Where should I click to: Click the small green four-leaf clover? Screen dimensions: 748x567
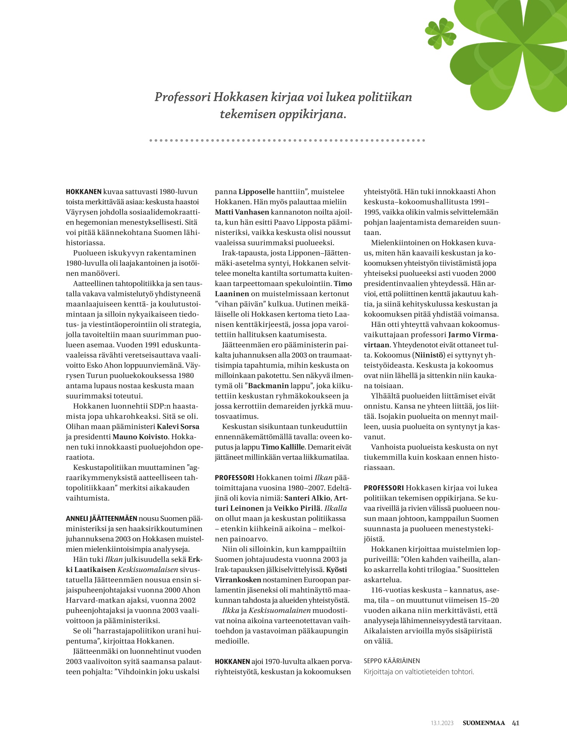(x=441, y=33)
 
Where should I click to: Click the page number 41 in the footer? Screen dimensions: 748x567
(x=515, y=723)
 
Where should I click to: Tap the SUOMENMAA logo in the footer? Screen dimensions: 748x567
(x=483, y=723)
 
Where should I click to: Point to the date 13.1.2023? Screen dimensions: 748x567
(x=442, y=723)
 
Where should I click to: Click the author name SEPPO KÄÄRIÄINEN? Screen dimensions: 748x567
(x=392, y=661)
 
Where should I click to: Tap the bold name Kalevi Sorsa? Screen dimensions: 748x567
(x=178, y=426)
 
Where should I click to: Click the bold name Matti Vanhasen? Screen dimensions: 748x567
(x=242, y=212)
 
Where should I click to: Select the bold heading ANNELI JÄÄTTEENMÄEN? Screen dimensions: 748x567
(x=102, y=518)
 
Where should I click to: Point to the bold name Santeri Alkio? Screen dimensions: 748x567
(x=307, y=498)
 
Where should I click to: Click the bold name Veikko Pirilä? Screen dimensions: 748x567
(x=297, y=509)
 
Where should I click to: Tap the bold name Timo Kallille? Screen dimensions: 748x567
(x=283, y=447)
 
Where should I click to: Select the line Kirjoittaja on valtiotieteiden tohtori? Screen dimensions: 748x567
(x=419, y=671)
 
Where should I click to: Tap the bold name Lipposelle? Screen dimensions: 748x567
(x=257, y=192)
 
